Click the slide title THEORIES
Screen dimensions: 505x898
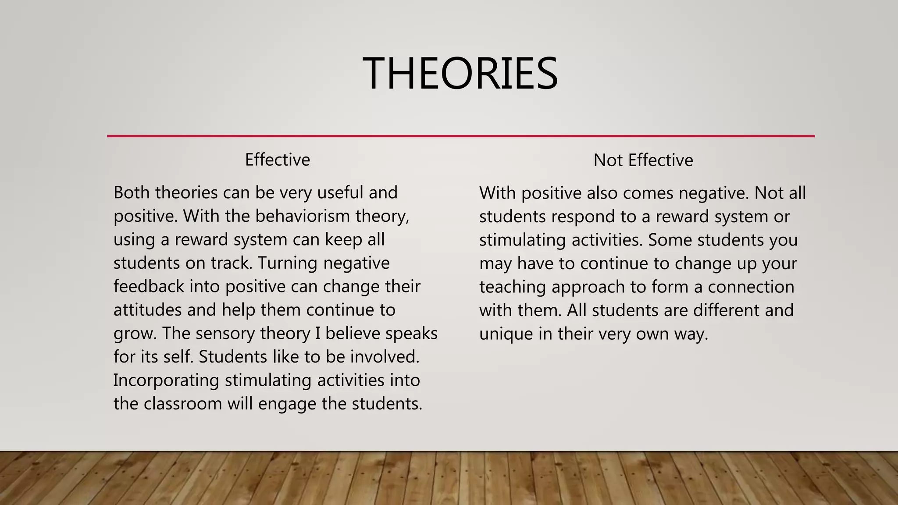460,73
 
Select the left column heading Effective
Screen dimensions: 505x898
277,160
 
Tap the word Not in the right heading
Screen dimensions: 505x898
608,160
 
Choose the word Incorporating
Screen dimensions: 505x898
166,380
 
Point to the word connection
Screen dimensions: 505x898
751,287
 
